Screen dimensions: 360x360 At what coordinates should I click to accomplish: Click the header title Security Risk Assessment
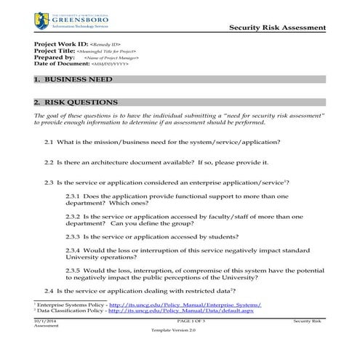coord(277,27)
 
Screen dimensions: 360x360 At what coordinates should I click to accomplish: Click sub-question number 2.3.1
coord(73,196)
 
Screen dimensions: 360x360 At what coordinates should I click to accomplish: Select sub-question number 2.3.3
coord(73,236)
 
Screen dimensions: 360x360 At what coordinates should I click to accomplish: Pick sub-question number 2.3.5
coord(73,270)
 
